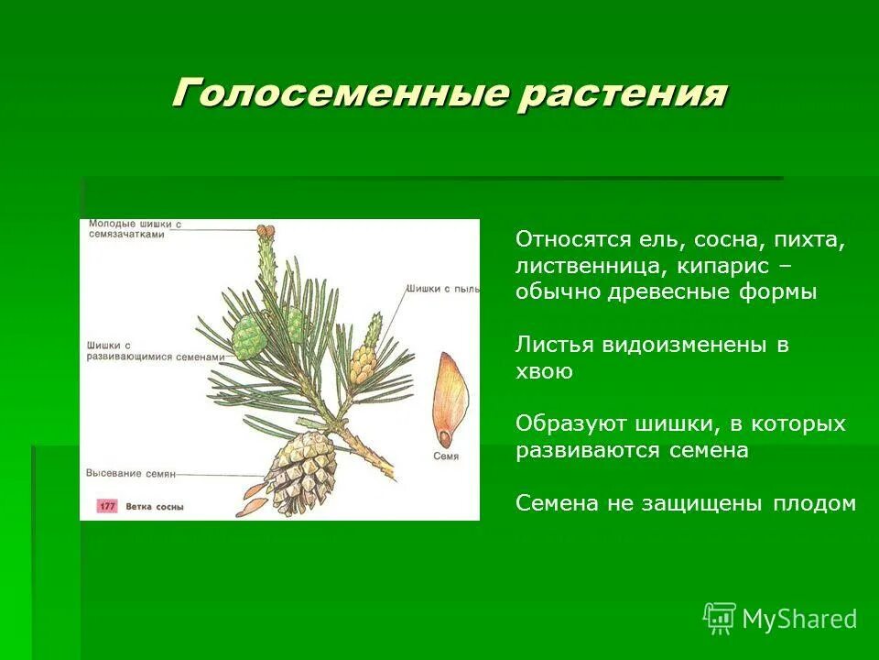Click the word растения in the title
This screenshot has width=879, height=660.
point(622,94)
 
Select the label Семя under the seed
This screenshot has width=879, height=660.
point(446,456)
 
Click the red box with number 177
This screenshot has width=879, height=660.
point(106,505)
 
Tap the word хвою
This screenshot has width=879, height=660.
point(544,371)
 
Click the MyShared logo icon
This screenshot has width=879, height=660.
point(720,619)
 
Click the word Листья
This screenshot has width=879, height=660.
point(555,346)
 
